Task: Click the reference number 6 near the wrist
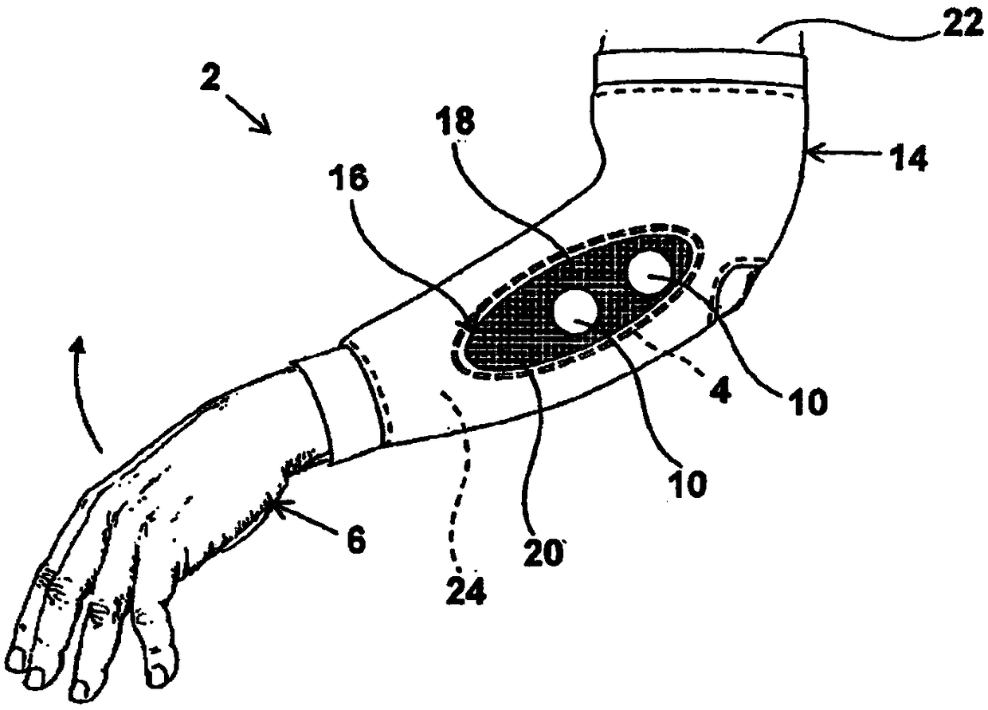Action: [x=355, y=543]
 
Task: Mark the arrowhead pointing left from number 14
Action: [x=814, y=149]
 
